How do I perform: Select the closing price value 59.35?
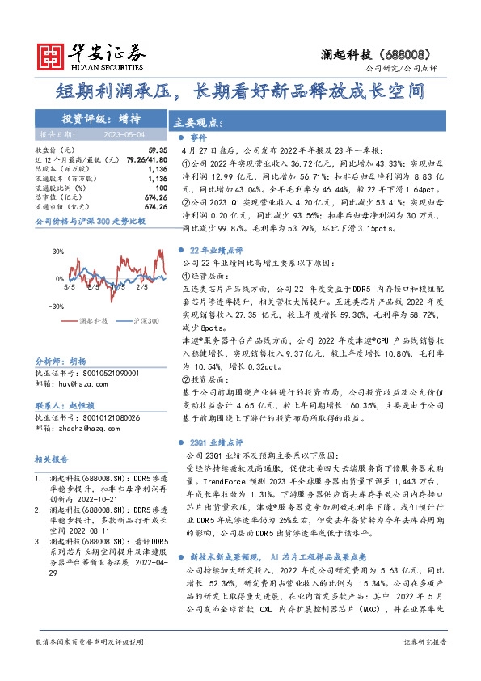(158, 150)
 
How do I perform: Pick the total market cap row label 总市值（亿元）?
(59, 197)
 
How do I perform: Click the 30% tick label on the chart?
(58, 252)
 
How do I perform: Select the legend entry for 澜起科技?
(89, 322)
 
